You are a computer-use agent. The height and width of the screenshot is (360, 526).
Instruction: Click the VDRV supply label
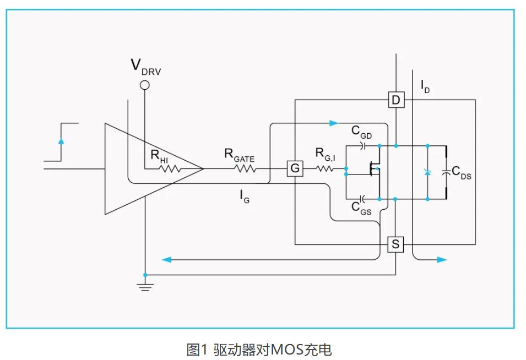pyautogui.click(x=145, y=66)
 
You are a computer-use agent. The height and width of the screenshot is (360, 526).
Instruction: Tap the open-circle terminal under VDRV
pyautogui.click(x=145, y=85)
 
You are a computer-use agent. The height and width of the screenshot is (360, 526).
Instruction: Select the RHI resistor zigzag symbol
pyautogui.click(x=170, y=168)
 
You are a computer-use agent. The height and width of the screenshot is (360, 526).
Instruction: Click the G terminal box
pyautogui.click(x=295, y=168)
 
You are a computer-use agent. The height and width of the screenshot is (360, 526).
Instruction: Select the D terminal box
pyautogui.click(x=395, y=100)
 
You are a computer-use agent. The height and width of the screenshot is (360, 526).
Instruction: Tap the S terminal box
pyautogui.click(x=395, y=244)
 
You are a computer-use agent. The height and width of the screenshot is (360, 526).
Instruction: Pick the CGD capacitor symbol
pyautogui.click(x=362, y=146)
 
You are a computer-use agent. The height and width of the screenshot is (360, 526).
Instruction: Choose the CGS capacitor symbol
pyautogui.click(x=362, y=197)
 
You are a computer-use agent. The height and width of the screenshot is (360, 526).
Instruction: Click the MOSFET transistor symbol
pyautogui.click(x=375, y=172)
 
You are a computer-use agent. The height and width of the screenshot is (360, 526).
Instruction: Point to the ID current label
pyautogui.click(x=425, y=86)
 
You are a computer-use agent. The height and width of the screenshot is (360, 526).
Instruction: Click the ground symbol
pyautogui.click(x=145, y=286)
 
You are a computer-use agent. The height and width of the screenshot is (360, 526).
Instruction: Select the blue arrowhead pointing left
pyautogui.click(x=165, y=259)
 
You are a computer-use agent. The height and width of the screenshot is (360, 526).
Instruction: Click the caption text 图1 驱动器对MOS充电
pyautogui.click(x=259, y=349)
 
